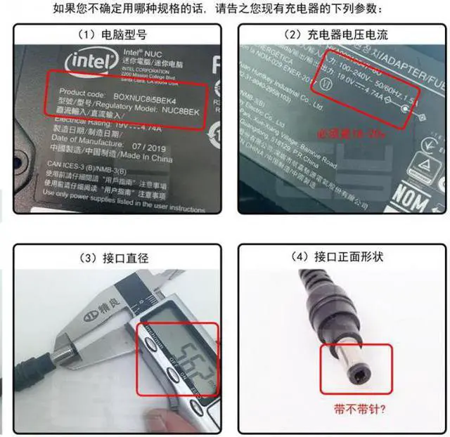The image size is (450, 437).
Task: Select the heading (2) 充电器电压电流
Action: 345,34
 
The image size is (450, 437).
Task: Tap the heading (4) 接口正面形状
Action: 344,258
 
